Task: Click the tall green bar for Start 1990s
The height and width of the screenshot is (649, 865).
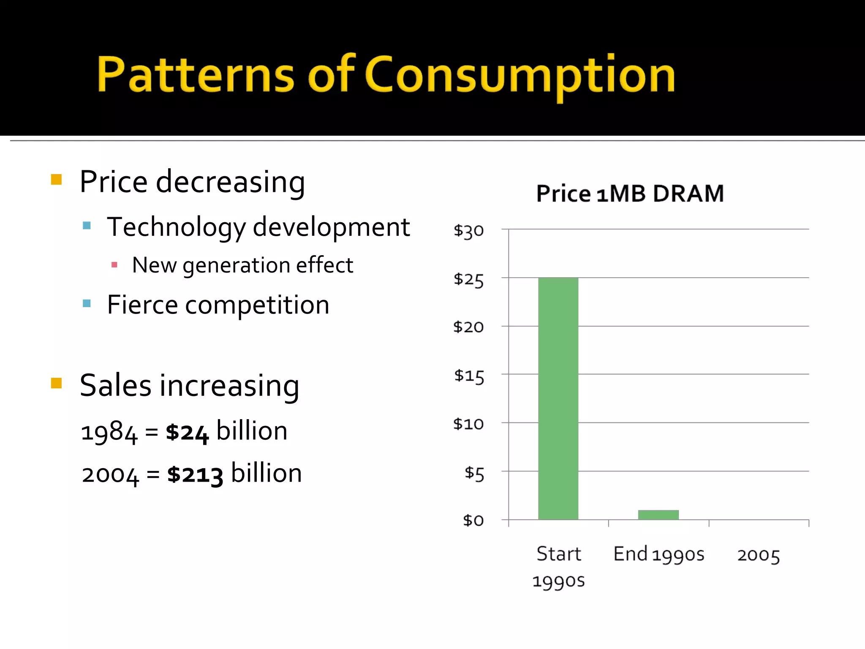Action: [558, 398]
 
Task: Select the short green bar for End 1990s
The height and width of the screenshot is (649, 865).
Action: [658, 515]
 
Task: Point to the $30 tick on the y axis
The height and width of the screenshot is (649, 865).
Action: [468, 231]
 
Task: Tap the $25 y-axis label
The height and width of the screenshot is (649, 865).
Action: [468, 279]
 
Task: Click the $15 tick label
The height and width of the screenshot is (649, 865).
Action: [469, 376]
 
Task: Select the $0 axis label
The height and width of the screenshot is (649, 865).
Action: [473, 520]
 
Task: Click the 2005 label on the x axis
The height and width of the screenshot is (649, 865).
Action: [759, 555]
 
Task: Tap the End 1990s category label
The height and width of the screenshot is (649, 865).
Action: [658, 554]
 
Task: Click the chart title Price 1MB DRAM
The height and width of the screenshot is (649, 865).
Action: [630, 194]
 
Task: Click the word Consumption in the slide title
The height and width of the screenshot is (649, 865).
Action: [520, 75]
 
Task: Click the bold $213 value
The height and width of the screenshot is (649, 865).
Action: [195, 474]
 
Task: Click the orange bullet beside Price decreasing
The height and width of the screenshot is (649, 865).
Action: [56, 180]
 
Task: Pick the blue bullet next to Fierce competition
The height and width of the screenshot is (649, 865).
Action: [87, 303]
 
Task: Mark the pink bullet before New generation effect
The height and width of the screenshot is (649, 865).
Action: [114, 265]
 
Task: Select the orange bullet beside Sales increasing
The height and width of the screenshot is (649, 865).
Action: [56, 383]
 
